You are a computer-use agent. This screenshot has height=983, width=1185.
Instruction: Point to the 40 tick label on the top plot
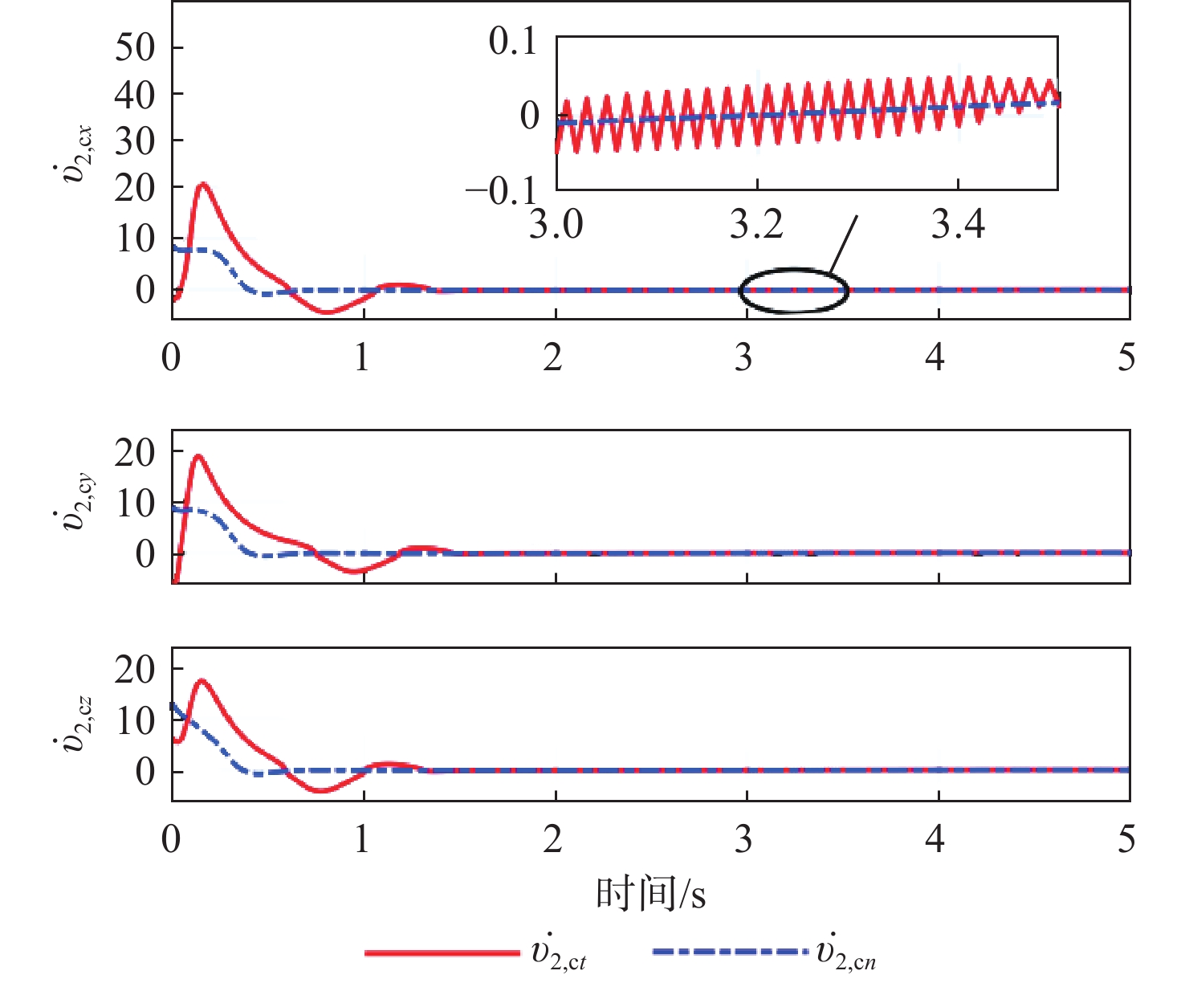[135, 95]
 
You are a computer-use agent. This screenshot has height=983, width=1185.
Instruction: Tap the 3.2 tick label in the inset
[756, 225]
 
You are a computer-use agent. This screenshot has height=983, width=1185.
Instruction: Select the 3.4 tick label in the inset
[958, 225]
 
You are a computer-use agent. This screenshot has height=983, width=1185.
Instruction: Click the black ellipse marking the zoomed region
[793, 289]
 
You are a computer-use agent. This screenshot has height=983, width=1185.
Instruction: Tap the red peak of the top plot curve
[202, 185]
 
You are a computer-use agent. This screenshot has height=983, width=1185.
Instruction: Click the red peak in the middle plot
[197, 456]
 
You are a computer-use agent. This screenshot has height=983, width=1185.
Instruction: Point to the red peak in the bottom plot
[201, 681]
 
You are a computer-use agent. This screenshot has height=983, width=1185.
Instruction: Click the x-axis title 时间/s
[650, 893]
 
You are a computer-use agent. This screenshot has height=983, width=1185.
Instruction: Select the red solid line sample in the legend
[442, 952]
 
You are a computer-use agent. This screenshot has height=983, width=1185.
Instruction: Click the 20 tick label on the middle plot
[135, 454]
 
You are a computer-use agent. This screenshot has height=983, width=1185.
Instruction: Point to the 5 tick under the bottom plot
[1127, 839]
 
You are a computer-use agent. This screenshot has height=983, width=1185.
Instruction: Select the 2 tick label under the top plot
[553, 357]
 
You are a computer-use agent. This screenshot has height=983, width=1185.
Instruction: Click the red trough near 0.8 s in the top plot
[325, 312]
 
